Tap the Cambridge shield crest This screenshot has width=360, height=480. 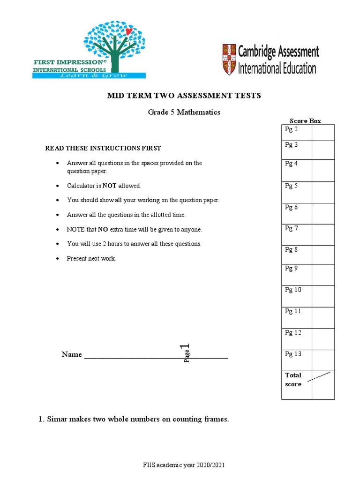(x=229, y=60)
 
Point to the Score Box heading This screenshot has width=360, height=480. (x=305, y=120)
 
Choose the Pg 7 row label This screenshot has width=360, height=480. (x=292, y=228)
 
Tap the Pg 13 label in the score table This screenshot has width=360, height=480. (x=293, y=354)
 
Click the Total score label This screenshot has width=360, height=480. (x=293, y=380)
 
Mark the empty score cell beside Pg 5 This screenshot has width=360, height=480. (x=323, y=192)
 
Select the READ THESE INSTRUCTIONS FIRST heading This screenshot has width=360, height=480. (x=103, y=148)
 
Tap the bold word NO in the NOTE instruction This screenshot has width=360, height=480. (x=103, y=230)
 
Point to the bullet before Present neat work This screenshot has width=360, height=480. (x=57, y=259)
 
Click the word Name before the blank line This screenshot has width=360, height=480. (x=72, y=354)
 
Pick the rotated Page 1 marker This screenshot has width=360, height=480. (x=186, y=353)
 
